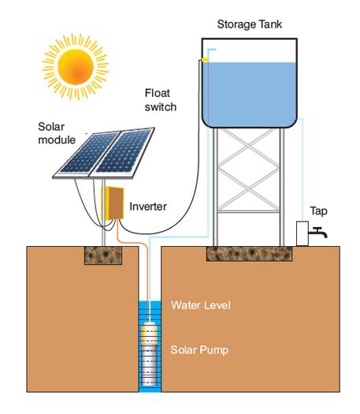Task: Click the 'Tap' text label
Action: pos(318,211)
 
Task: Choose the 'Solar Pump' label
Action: pos(199,349)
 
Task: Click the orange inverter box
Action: pos(116,203)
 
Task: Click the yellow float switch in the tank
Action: pos(205,59)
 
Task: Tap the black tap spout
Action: pos(318,233)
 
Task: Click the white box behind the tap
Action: pos(302,234)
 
